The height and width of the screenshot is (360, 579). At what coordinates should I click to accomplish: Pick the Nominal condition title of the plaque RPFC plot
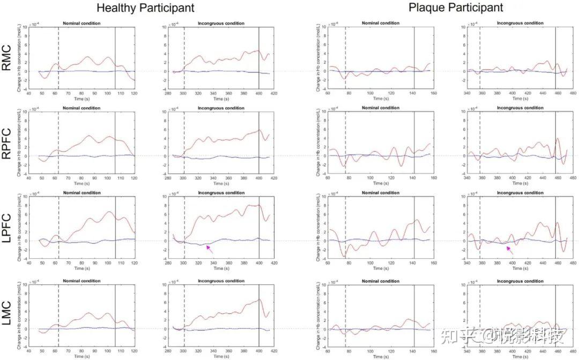point(380,108)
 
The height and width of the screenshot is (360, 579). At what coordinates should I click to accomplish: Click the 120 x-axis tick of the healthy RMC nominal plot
point(134,94)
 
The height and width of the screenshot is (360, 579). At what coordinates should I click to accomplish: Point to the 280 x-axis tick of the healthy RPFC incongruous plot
point(168,178)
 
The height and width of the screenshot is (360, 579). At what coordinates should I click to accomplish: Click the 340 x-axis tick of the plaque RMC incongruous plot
point(467,94)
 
